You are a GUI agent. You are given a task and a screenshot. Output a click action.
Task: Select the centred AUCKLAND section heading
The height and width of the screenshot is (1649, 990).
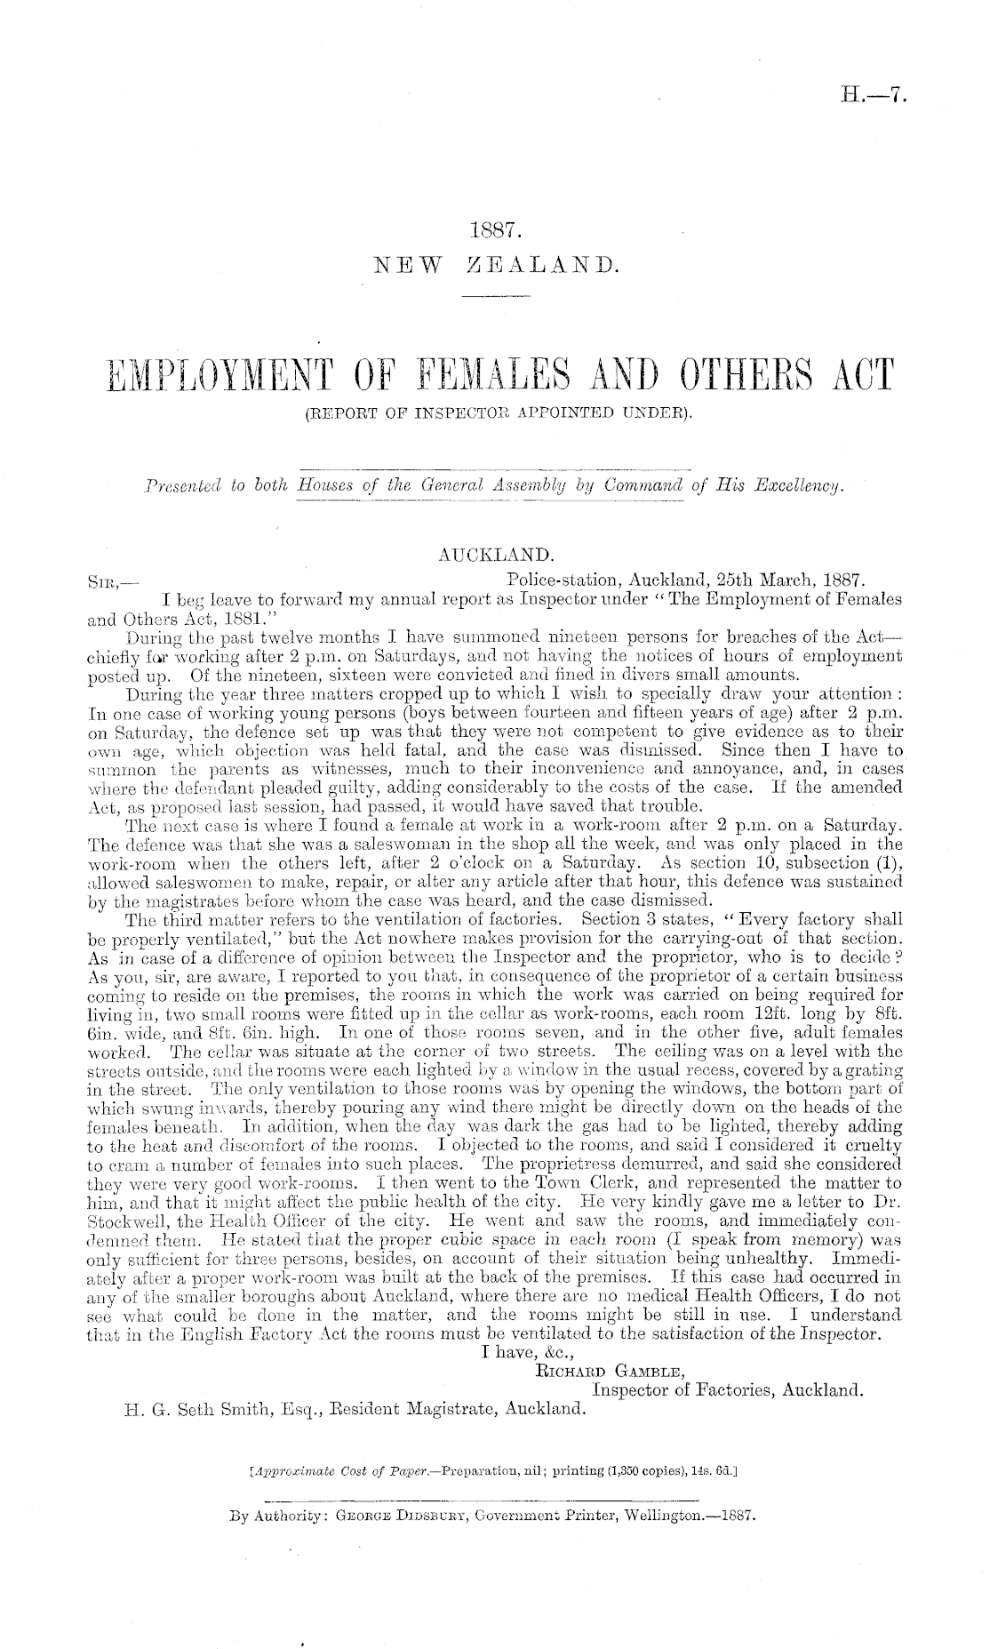496,555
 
